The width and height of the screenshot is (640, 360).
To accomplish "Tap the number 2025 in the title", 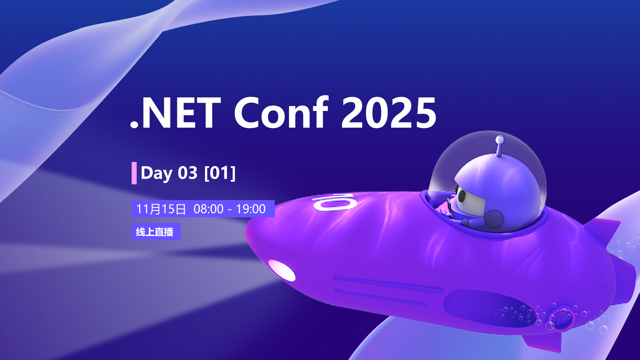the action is coord(389,113).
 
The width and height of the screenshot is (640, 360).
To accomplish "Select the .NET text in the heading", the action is coord(175,113).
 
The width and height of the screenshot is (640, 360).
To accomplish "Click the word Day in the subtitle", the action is coord(157,173).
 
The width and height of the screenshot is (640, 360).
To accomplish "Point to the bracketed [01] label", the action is coord(220,173).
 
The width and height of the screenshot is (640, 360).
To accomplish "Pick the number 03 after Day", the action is coord(188,173).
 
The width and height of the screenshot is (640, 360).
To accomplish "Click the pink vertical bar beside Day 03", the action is coord(134,173).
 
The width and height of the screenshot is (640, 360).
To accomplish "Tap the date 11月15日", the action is coord(161,209).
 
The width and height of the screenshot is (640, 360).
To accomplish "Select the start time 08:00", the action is coord(208,209).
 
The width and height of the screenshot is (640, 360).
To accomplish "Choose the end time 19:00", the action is coord(251,209).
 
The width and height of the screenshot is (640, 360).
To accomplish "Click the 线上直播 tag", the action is coord(156,232).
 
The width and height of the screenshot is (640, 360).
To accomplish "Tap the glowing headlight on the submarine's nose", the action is coord(282,270).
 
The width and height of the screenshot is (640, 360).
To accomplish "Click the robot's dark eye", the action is coord(462,196).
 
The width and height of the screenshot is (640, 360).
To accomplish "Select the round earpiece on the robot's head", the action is coord(494,219).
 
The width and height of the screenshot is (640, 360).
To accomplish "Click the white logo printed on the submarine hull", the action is coord(335,202).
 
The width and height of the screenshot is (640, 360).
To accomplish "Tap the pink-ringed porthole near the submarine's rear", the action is coord(562,318).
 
